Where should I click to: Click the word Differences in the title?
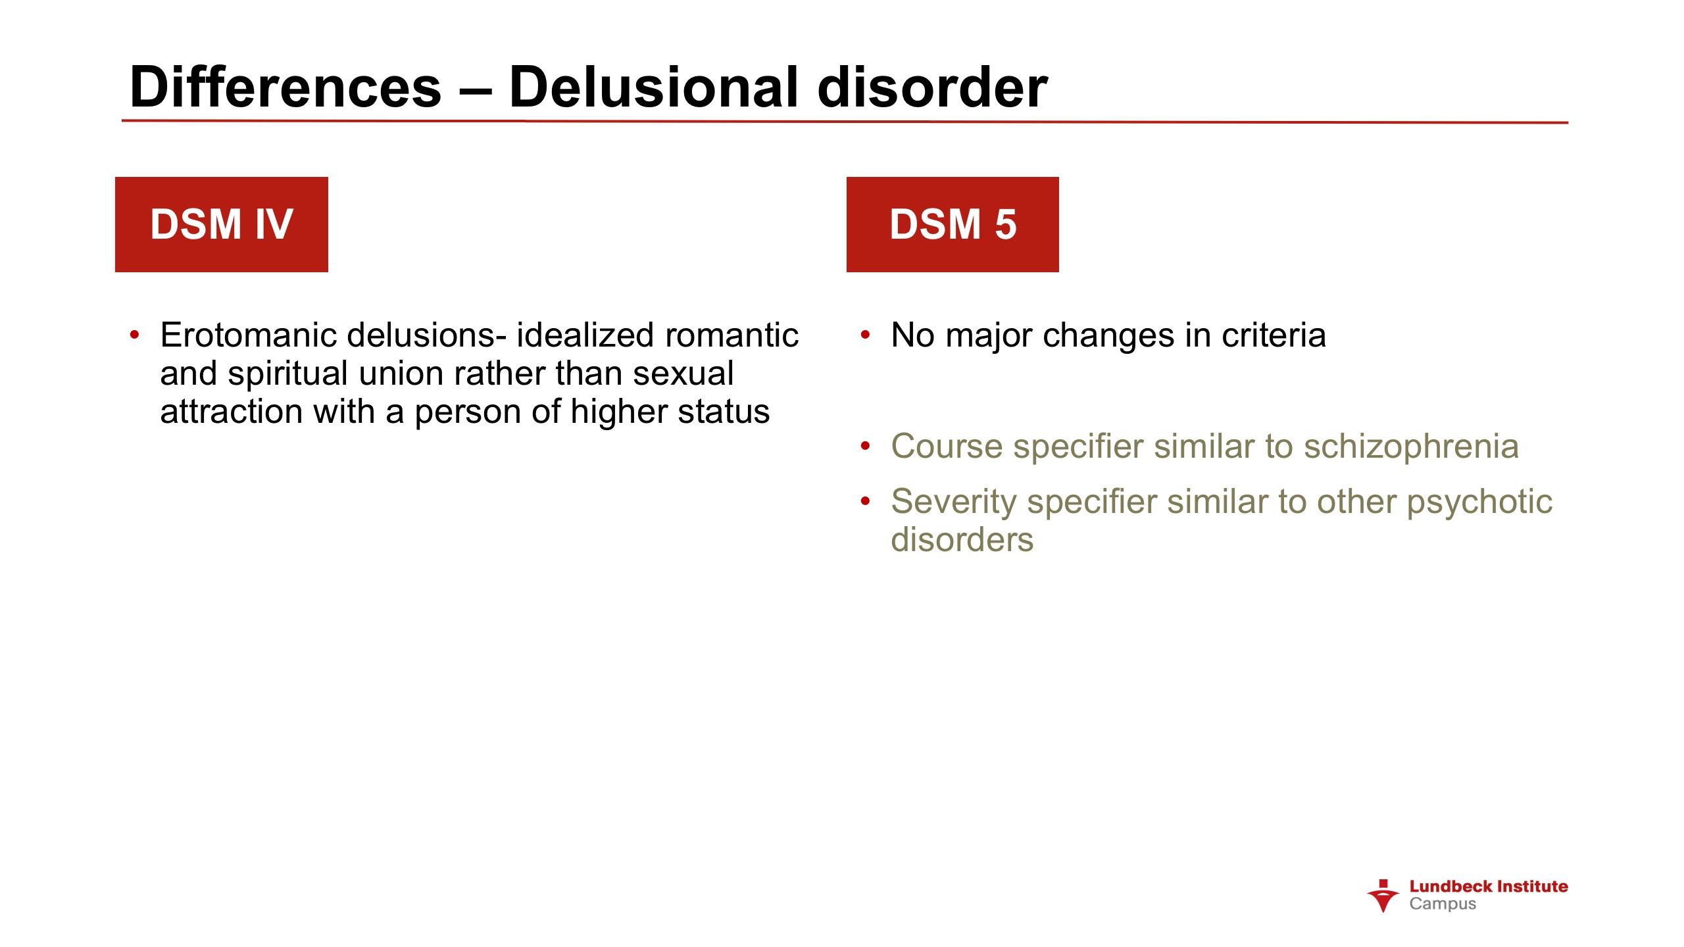[x=285, y=87]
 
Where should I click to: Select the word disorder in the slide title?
[x=932, y=87]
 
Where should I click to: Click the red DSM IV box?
[x=222, y=224]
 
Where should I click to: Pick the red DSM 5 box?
[x=953, y=224]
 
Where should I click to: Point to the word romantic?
[x=731, y=335]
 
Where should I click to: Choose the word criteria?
[x=1274, y=335]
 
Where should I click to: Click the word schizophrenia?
[x=1412, y=447]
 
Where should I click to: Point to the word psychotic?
[x=1479, y=502]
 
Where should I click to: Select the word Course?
[x=947, y=446]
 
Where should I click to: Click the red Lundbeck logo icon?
[x=1383, y=896]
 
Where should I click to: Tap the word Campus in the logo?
[x=1443, y=904]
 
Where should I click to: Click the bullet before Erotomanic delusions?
[x=135, y=335]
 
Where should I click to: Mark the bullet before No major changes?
[x=866, y=335]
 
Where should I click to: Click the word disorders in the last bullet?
[x=962, y=539]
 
